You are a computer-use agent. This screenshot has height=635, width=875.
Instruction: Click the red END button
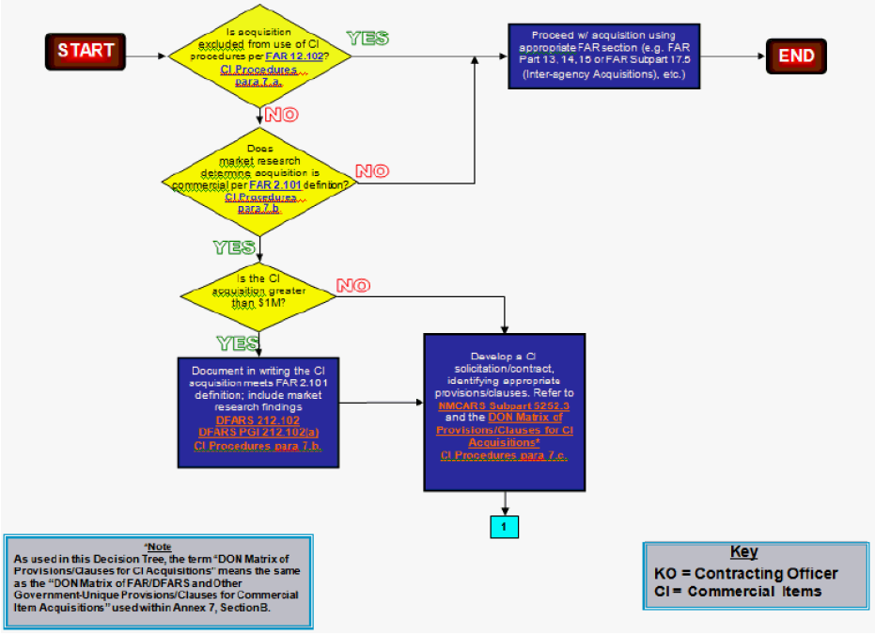point(796,56)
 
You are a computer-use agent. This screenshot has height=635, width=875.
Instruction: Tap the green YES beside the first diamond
point(367,39)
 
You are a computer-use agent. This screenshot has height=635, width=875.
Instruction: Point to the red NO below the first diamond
point(282,116)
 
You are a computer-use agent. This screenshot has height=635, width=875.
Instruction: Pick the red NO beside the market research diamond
point(371,171)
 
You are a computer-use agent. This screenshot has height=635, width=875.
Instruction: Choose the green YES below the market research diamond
point(234,247)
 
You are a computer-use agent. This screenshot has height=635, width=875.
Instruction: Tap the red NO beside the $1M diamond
point(352,285)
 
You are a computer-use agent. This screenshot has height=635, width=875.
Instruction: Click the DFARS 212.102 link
point(258,419)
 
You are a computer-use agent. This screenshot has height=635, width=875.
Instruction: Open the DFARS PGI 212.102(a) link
point(258,432)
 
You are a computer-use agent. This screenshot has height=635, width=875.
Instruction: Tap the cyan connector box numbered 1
point(504,526)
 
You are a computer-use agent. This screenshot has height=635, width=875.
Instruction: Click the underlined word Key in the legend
point(743,552)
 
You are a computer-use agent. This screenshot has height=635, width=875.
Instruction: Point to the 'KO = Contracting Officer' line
point(745,573)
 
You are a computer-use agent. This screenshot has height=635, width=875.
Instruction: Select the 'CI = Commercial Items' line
point(738,591)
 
